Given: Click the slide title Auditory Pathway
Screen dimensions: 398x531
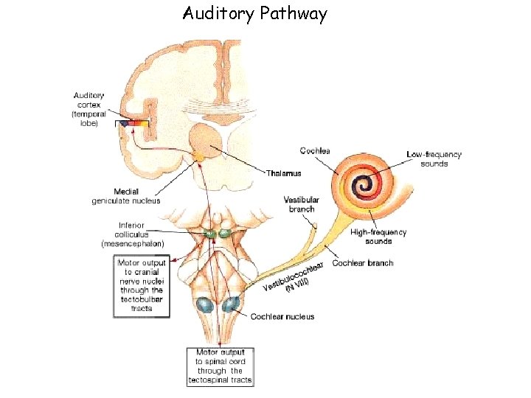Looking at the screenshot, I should point(254,14).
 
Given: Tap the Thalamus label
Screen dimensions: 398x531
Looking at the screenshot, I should point(285,173).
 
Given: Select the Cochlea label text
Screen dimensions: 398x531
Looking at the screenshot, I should point(315,150).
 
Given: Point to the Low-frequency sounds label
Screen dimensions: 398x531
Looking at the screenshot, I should point(434,159).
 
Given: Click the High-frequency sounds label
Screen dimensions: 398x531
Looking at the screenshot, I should point(378,237).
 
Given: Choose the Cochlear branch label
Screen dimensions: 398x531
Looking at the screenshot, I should point(363,263).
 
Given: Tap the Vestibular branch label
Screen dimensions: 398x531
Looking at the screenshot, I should point(302,204).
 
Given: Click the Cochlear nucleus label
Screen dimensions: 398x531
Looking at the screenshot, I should point(282,317).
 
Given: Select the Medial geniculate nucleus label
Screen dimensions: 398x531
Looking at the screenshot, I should point(125,196).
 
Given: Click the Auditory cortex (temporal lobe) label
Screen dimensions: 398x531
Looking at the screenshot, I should point(89,109).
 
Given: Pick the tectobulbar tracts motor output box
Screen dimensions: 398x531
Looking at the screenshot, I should point(142,285).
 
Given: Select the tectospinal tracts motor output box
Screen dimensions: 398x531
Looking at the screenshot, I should point(220,366).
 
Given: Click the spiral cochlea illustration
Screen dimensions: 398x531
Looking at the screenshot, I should point(361,185).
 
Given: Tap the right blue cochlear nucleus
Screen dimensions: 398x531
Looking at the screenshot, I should point(233,304).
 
